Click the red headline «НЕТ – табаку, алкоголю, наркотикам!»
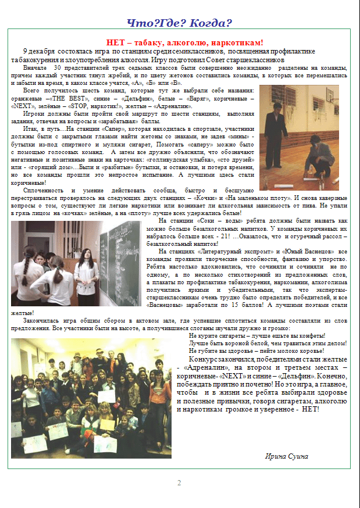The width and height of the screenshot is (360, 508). pyautogui.click(x=185, y=42)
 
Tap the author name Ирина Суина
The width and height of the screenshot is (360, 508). pyautogui.click(x=287, y=456)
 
